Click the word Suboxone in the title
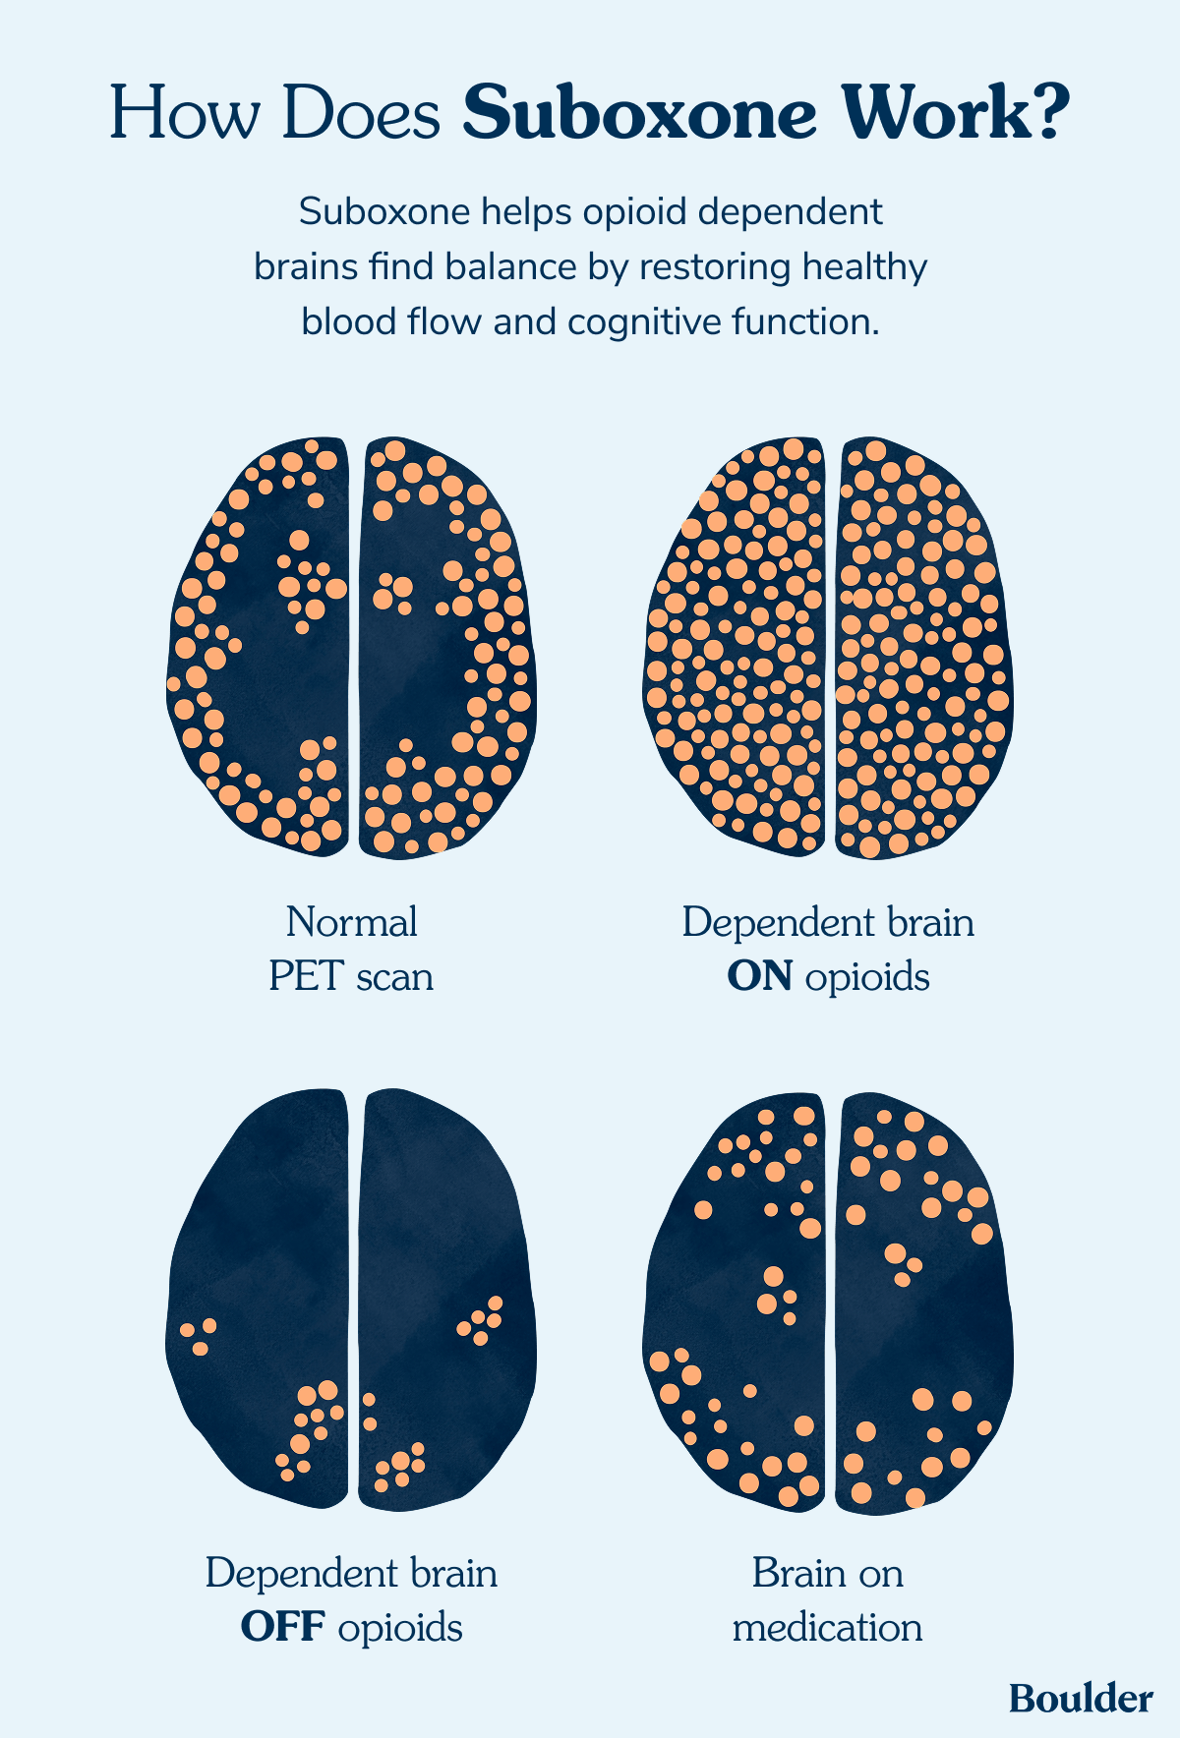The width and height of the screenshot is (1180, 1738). [639, 114]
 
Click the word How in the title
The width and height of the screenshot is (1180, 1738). [188, 114]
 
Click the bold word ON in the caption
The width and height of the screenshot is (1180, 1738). [759, 977]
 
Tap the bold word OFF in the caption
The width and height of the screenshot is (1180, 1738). [283, 1628]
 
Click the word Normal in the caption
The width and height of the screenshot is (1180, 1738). [351, 922]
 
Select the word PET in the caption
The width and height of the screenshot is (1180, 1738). [307, 977]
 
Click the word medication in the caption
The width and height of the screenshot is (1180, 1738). [828, 1628]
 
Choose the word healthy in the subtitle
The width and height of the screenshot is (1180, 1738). [865, 267]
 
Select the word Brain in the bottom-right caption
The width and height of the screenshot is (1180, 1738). [793, 1574]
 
